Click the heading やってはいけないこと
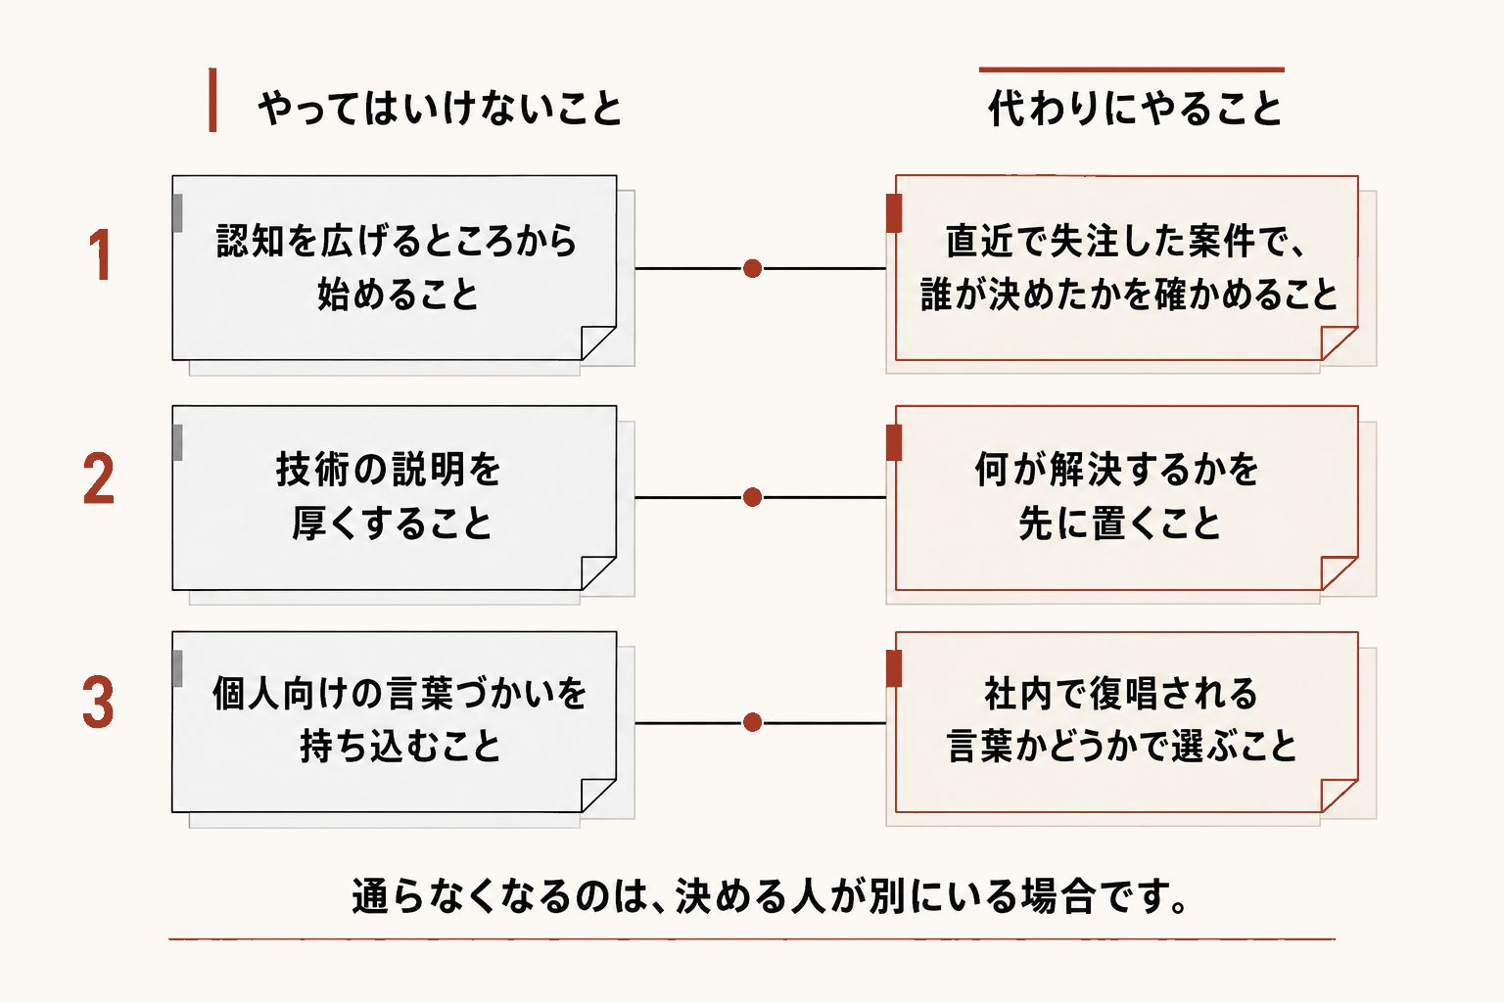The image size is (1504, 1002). click(x=441, y=108)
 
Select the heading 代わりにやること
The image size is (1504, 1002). click(x=1135, y=108)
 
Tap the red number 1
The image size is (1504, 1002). click(x=100, y=255)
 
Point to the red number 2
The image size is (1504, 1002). click(x=99, y=478)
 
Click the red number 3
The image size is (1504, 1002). click(x=99, y=702)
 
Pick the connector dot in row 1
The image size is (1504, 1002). click(x=753, y=268)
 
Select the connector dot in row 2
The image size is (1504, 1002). click(x=753, y=497)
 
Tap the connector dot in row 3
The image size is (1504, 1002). click(x=753, y=722)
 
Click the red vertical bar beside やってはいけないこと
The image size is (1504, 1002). click(x=212, y=100)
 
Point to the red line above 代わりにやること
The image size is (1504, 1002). click(x=1131, y=69)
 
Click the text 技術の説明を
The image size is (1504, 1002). click(x=389, y=469)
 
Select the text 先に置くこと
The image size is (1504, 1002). click(x=1119, y=524)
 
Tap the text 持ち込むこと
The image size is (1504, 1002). click(x=400, y=747)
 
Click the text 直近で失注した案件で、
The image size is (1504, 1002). click(x=1126, y=241)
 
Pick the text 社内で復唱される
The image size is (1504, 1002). click(x=1120, y=694)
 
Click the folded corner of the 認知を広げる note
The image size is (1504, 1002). click(x=597, y=342)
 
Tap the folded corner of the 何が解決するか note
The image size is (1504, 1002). click(x=1339, y=573)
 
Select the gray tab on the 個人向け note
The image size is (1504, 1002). click(x=177, y=668)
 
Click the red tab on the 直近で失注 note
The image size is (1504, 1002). click(x=894, y=213)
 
